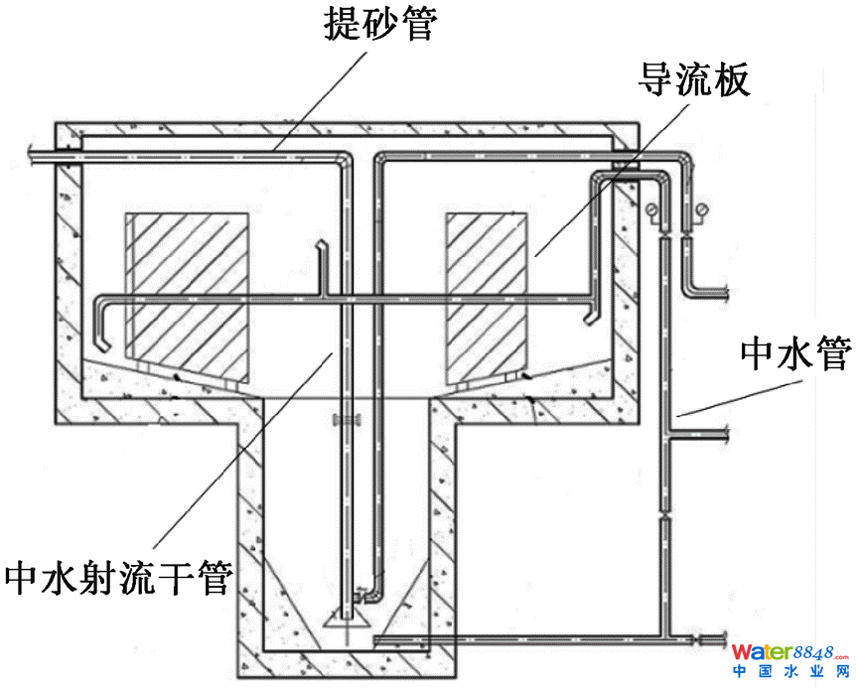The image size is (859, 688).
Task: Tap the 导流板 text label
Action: pyautogui.click(x=692, y=80)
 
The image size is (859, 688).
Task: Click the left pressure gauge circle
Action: pyautogui.click(x=650, y=209)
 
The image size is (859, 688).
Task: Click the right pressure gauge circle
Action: pyautogui.click(x=702, y=209)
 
